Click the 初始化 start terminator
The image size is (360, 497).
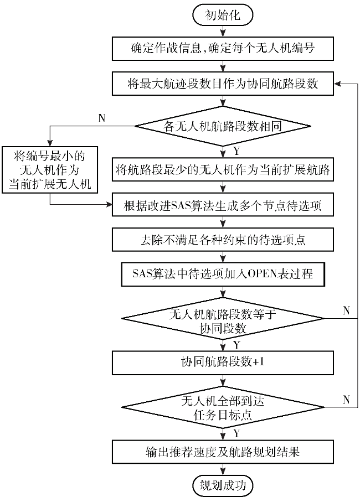pos(223,14)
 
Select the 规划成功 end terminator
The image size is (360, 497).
pos(223,485)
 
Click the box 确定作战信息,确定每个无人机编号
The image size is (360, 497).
pos(223,49)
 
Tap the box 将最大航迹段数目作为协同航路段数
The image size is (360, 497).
pos(223,84)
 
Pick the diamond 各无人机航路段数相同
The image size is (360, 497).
pos(223,126)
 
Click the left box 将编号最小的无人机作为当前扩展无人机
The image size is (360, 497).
pos(49,169)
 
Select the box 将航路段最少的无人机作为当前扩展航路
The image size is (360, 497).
pos(223,170)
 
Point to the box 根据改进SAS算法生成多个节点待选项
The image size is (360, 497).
pos(223,205)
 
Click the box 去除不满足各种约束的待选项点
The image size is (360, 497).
pos(223,240)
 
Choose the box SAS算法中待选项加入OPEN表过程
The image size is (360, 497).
pos(223,274)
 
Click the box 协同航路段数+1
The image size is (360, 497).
pos(223,363)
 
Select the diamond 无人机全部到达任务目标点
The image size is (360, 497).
pos(223,407)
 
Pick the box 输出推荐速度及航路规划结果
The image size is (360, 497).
pos(223,452)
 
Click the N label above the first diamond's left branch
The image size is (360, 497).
pos(101,118)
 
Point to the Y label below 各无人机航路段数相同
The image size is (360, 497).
pos(236,151)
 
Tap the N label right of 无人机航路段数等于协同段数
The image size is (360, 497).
pos(346,310)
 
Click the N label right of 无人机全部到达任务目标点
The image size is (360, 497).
pos(346,400)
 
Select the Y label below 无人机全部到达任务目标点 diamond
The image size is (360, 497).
pos(236,433)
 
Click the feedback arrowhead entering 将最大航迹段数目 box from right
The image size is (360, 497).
pos(337,84)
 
